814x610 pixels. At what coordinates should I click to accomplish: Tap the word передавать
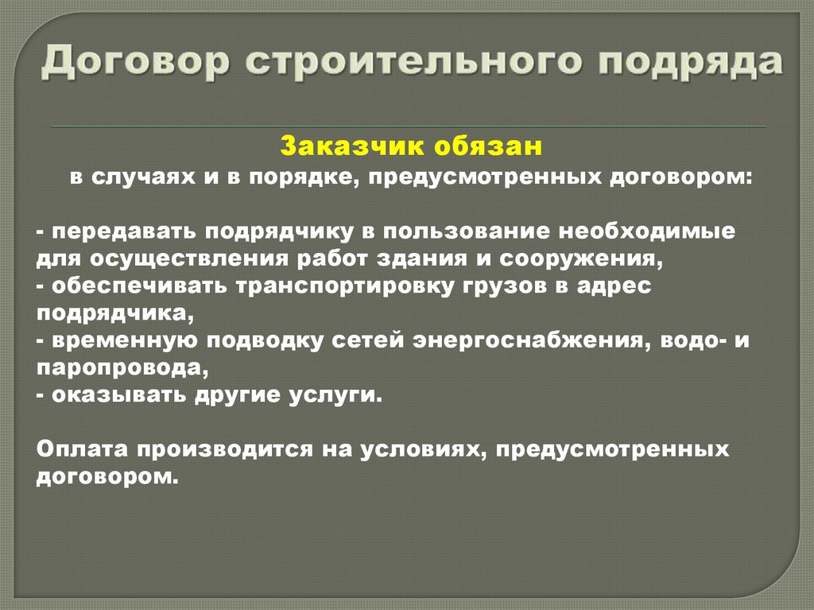126,231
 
